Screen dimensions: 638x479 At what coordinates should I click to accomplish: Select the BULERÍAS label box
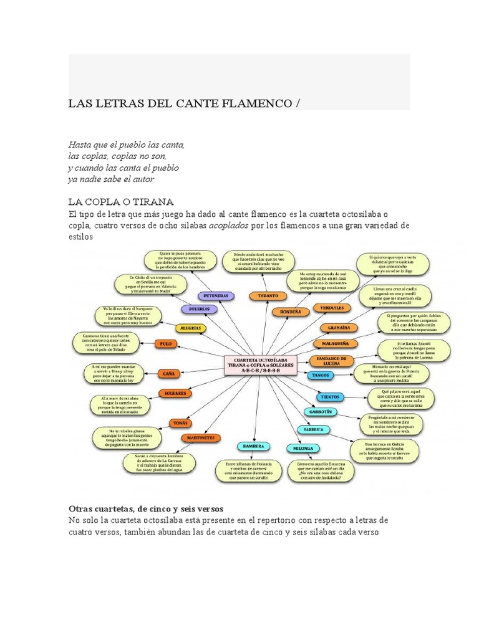(x=200, y=309)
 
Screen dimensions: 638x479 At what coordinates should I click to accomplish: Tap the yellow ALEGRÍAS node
(x=191, y=328)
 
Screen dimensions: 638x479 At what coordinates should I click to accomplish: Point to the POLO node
(x=165, y=343)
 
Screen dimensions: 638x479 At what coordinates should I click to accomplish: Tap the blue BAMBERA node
(x=253, y=446)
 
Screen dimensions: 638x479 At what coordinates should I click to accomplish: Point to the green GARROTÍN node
(x=321, y=412)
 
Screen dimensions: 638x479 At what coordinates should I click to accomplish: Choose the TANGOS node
(x=322, y=375)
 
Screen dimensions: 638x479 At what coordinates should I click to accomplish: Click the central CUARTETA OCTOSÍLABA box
(x=256, y=364)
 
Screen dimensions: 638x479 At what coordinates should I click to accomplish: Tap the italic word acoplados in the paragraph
(x=229, y=226)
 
